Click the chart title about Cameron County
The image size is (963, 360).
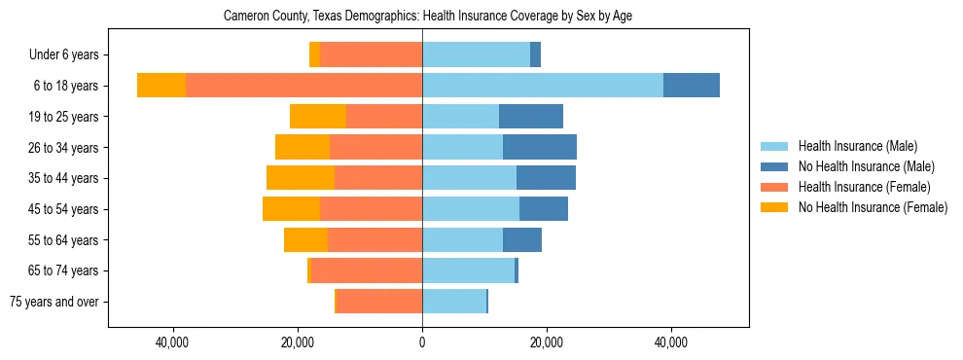(x=428, y=17)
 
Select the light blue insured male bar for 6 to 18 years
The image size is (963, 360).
(x=543, y=86)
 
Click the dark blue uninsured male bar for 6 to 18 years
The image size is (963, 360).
(x=692, y=86)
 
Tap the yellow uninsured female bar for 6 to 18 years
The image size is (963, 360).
(x=161, y=86)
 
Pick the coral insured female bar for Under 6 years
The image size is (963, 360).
(x=371, y=54)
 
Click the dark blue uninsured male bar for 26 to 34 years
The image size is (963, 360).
(x=540, y=147)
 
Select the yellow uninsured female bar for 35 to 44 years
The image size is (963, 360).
(x=301, y=178)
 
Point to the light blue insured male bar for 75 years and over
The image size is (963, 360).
(x=454, y=302)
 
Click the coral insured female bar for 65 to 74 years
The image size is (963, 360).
(x=367, y=270)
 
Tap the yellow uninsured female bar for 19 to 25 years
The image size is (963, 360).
(x=318, y=117)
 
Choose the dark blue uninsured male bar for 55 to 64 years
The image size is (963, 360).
(x=522, y=239)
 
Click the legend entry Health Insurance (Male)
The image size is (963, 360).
(x=857, y=146)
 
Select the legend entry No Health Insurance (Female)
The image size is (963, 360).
(x=873, y=207)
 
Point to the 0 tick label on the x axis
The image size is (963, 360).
(x=422, y=342)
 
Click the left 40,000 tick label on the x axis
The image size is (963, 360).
(x=172, y=342)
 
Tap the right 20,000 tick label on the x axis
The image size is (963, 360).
(x=547, y=342)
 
